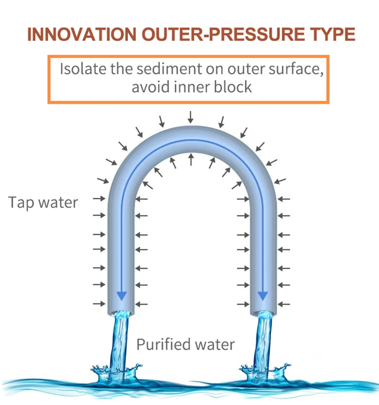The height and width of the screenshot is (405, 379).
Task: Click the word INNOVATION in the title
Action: click(81, 34)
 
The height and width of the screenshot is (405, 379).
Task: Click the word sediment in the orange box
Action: click(169, 69)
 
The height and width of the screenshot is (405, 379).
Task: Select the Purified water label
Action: click(186, 345)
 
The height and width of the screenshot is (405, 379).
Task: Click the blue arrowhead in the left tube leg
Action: click(122, 296)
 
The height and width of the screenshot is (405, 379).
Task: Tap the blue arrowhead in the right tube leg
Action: click(263, 296)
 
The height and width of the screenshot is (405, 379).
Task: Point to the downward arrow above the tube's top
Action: click(190, 117)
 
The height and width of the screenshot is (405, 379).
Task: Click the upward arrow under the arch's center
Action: click(191, 159)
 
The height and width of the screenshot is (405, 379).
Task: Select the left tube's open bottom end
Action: click(121, 313)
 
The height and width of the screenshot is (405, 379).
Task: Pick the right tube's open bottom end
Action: click(263, 313)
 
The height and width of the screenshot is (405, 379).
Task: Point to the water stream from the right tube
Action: click(263, 341)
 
